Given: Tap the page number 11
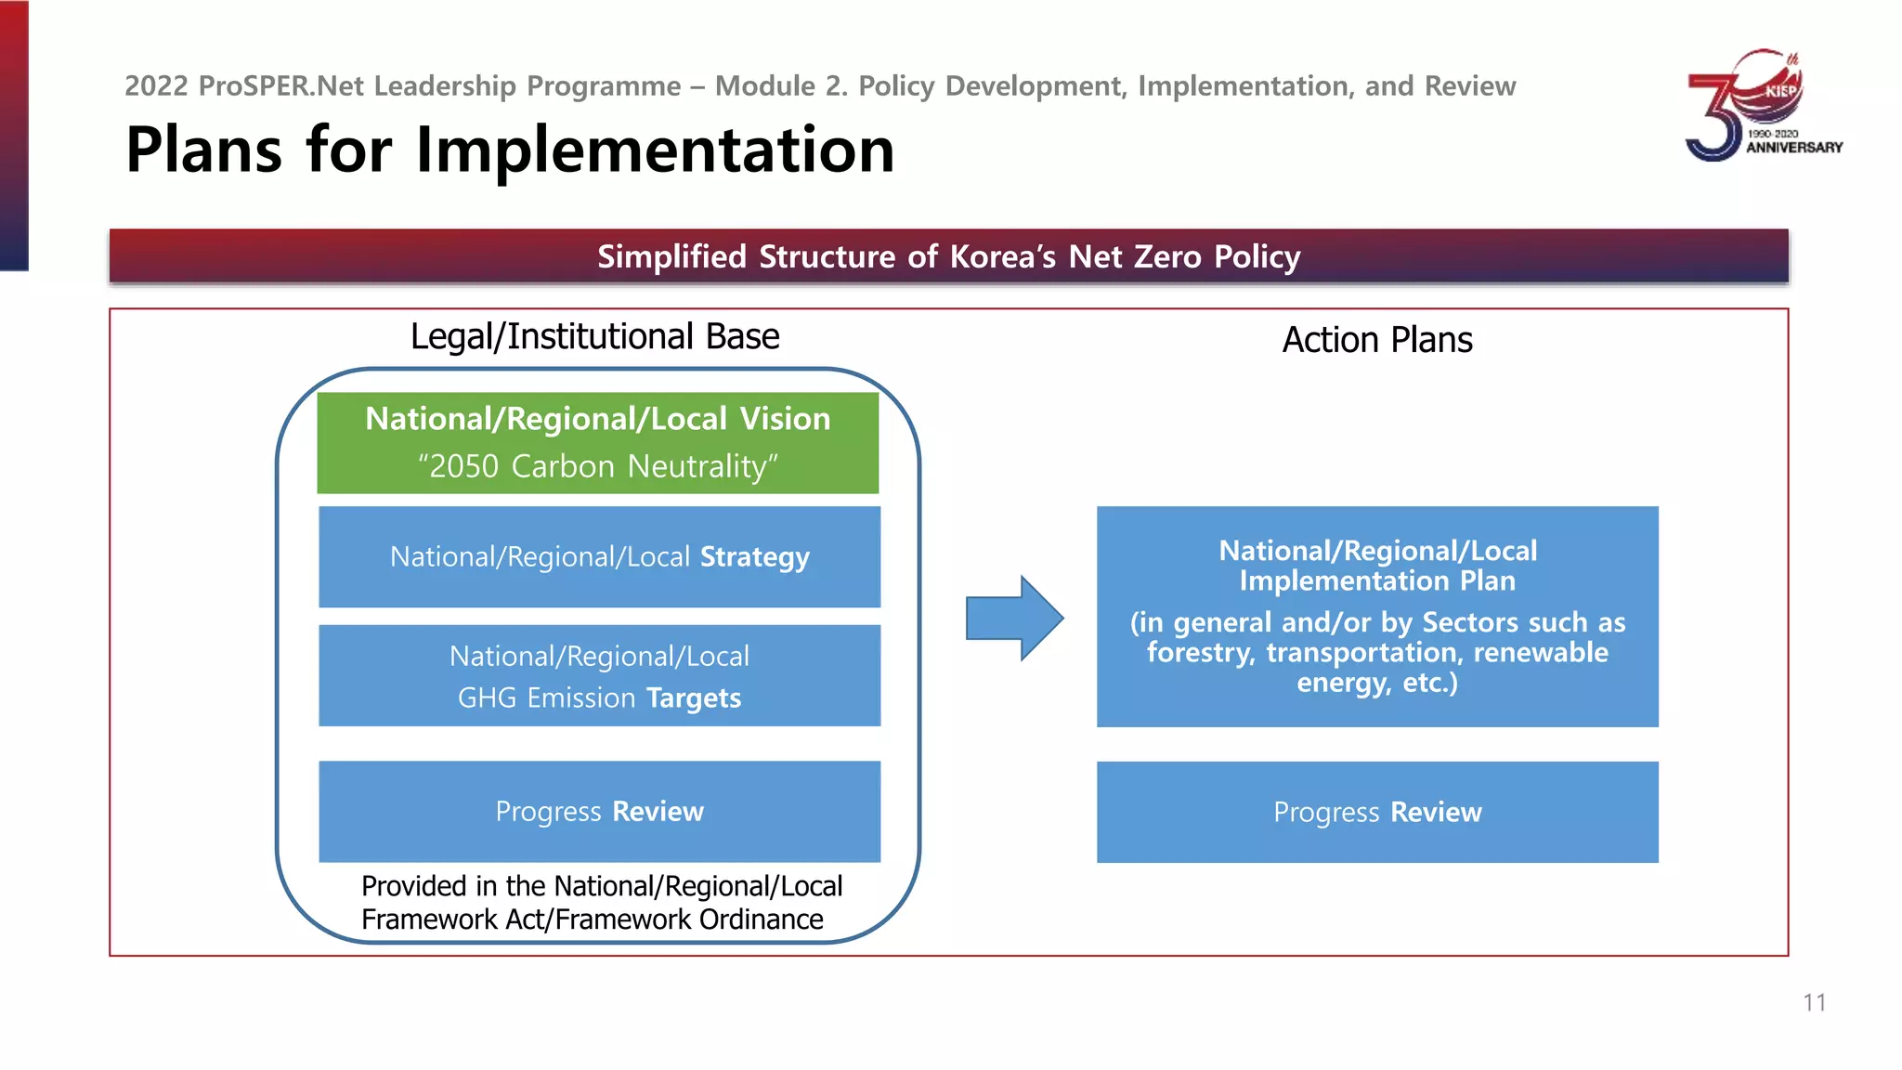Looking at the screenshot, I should (x=1814, y=1003).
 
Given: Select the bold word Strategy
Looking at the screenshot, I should (x=754, y=557).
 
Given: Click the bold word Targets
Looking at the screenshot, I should (x=694, y=698).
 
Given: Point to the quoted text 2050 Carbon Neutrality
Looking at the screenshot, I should (x=598, y=466).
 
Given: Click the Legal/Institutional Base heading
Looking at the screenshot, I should (x=594, y=337).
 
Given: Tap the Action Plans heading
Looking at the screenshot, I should (x=1376, y=340).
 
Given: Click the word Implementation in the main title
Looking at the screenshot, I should (x=655, y=150).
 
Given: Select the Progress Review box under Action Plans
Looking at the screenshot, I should (x=1376, y=813).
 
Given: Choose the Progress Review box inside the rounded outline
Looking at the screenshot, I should (x=599, y=812).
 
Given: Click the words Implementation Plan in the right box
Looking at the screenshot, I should (x=1376, y=581).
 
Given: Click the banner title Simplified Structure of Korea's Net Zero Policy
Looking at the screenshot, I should (x=948, y=256).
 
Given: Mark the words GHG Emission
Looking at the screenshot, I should (x=546, y=698).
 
